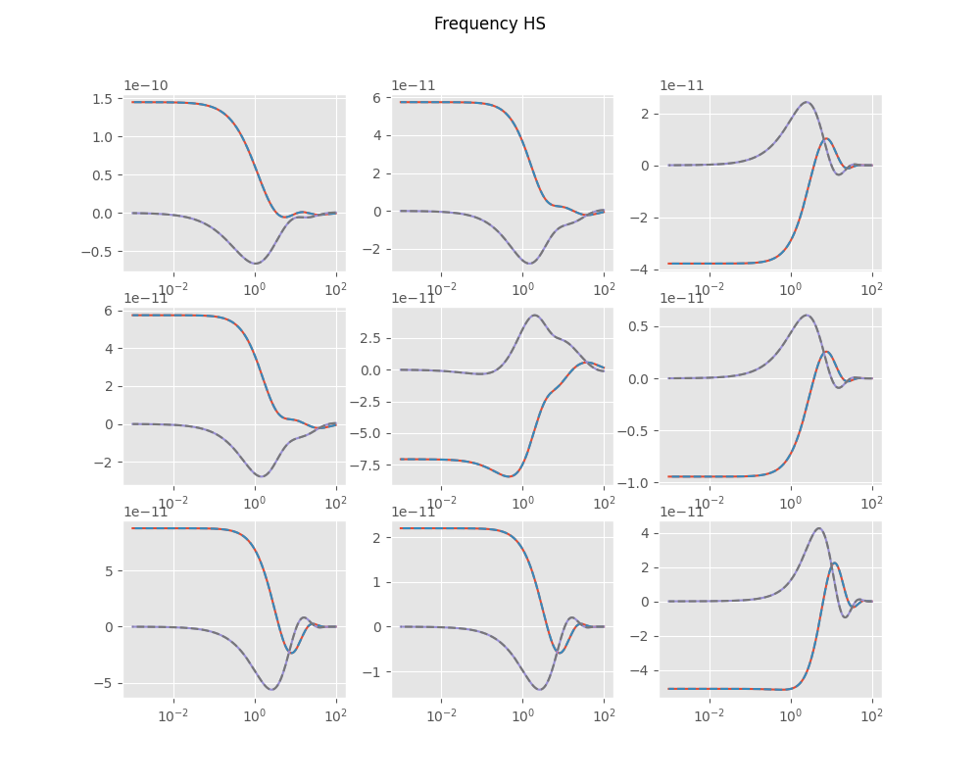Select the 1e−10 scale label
point(145,85)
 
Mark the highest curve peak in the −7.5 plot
point(534,315)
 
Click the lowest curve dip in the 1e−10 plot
point(255,264)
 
